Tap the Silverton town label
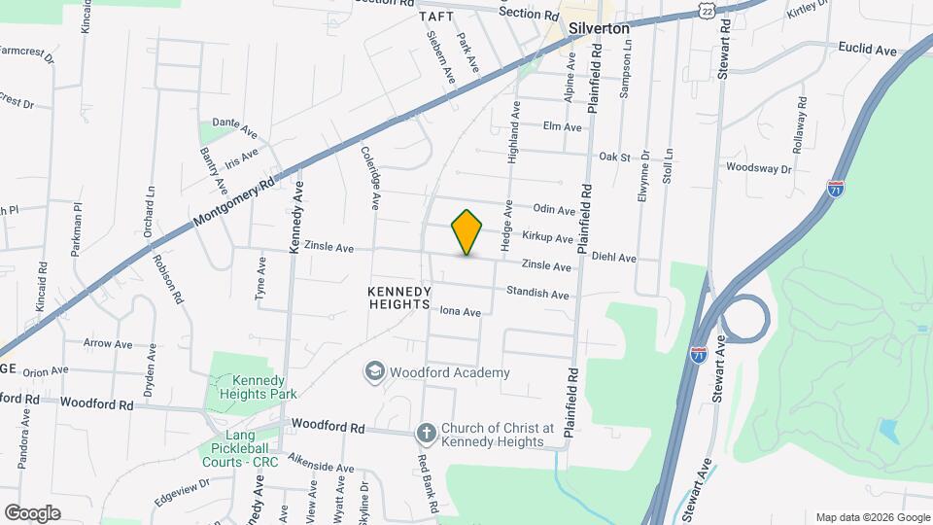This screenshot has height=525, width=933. pos(600,29)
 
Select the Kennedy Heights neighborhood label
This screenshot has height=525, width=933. pos(399,297)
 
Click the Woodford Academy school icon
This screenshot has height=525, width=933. pos(373,371)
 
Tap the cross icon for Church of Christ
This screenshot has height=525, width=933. pos(426,434)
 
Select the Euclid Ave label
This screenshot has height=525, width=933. pos(868,48)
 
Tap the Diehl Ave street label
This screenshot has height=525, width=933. pos(613,258)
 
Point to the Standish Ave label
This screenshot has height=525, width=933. pos(537,294)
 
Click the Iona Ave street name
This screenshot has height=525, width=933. pos(461,312)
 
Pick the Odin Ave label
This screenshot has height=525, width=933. pos(554,209)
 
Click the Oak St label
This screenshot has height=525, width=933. pos(615,156)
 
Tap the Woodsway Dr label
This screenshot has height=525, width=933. pos(760,167)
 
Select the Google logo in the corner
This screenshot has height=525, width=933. pos(32,512)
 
